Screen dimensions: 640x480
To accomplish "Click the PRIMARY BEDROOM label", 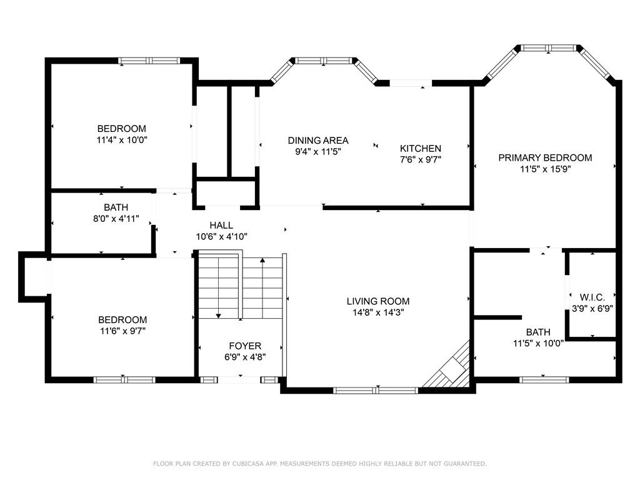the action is [545, 157].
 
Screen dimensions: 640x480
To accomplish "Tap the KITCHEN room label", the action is [421, 148].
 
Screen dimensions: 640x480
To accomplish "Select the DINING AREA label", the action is [318, 141].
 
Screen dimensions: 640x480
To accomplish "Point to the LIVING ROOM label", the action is [378, 301].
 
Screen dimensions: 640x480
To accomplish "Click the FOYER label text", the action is [245, 346].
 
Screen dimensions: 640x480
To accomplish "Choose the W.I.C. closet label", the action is [592, 297].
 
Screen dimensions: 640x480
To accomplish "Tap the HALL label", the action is [221, 225].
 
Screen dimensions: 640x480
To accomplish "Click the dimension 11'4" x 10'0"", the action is [122, 140].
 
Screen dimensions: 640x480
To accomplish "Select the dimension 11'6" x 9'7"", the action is [122, 331].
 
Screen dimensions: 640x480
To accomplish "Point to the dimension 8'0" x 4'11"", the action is [116, 218].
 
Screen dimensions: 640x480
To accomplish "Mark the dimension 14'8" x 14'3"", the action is [378, 312].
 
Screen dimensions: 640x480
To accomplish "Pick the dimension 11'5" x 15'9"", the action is [545, 169].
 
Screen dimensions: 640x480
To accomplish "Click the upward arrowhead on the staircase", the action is [262, 259].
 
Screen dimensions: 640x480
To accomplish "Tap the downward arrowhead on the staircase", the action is [218, 316].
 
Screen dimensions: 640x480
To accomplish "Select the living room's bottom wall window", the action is [376, 391].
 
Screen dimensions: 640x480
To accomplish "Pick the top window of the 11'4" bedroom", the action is [149, 61].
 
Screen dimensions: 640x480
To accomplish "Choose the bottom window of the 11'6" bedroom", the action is [124, 380].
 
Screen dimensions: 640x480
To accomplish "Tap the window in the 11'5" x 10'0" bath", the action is [544, 380].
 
